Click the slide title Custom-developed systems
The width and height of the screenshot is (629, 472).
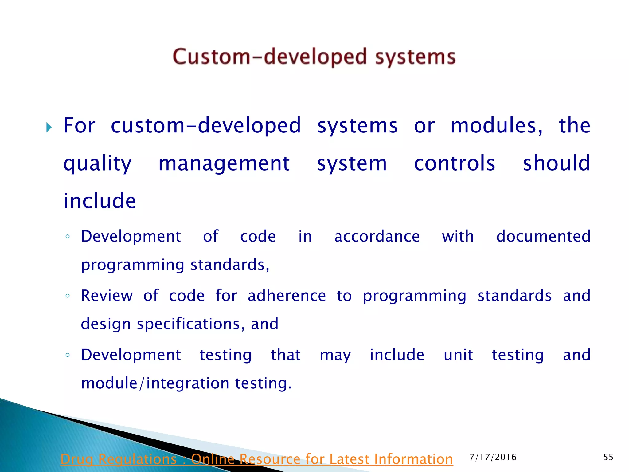(314, 57)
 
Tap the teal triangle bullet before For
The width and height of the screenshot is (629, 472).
(49, 127)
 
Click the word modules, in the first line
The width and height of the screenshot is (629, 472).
(496, 126)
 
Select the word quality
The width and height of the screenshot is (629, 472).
(97, 164)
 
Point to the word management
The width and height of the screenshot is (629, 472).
(224, 163)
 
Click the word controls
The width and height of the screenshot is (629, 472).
(454, 163)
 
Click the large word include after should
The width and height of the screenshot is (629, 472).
(100, 201)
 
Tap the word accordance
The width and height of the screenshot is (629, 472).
(377, 237)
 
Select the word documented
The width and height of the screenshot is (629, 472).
(543, 237)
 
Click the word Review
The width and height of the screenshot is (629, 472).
(107, 296)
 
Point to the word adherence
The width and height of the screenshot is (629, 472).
(287, 296)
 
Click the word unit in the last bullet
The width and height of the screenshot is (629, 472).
(458, 355)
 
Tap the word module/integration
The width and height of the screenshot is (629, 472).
(155, 383)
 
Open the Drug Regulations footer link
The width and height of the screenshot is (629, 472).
(257, 459)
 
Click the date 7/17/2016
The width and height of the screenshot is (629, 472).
(493, 457)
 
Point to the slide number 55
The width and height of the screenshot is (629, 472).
(608, 457)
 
